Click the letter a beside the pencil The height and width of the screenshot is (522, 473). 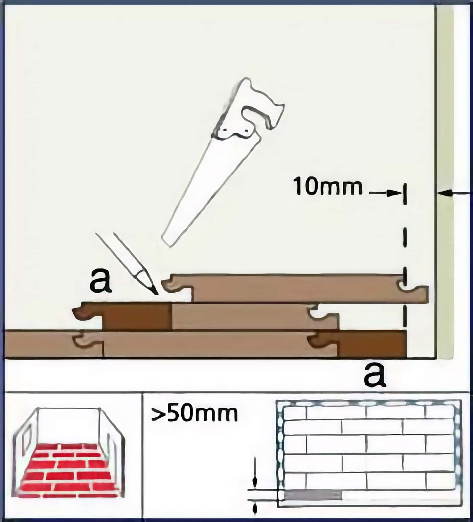101,281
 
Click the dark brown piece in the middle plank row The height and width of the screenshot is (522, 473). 137,316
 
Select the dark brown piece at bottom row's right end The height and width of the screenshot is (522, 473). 373,344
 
